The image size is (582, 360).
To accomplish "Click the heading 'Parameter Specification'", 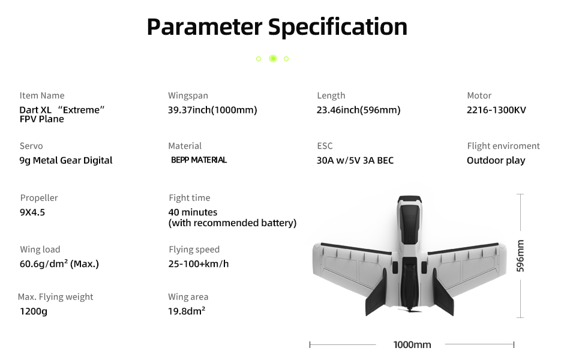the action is pos(277,27).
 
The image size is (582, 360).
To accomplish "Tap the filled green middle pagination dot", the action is pos(273,59).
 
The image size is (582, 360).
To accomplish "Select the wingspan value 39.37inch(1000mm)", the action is pos(212,110).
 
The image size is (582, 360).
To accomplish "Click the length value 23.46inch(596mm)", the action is pos(358,110).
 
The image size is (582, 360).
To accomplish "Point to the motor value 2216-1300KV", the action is pos(496,110).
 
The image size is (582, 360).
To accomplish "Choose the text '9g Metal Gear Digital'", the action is pos(66,160).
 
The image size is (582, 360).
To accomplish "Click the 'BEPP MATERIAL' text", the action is pos(199,160).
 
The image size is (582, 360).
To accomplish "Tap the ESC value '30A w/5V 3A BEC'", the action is pos(355,160).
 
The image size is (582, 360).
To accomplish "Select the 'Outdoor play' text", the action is pos(496,160).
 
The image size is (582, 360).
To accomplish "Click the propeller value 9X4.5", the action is pos(32,212).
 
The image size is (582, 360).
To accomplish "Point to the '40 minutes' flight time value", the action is pos(193,212).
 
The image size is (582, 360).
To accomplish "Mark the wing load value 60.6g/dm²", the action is pos(59,263).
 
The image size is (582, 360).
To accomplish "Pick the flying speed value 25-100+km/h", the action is pos(199,263).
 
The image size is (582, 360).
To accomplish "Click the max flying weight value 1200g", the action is pos(33,311).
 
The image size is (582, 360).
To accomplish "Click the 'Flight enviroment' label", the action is pos(503,146).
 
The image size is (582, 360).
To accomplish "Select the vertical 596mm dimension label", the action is pos(520,256).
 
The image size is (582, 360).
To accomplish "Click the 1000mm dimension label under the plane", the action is pos(412,344).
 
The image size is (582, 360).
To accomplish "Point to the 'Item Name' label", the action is pos(42,95).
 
